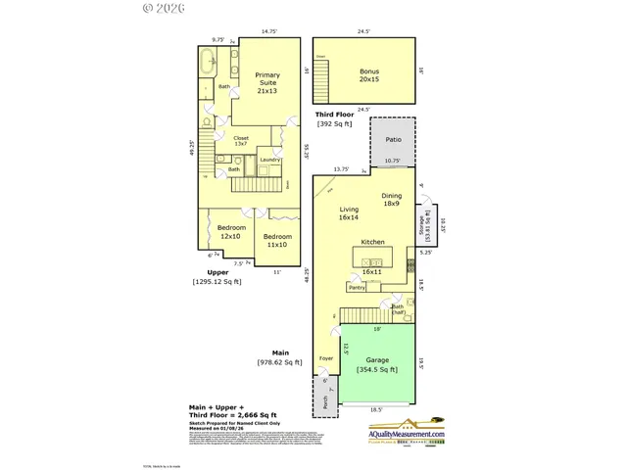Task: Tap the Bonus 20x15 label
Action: [368, 77]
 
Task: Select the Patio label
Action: [392, 140]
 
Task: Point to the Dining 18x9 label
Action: [392, 200]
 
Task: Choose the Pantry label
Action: [356, 287]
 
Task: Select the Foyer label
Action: [325, 359]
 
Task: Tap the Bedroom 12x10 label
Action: [231, 232]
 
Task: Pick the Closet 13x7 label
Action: [241, 143]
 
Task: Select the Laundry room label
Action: [270, 159]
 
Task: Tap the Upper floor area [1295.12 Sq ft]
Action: [217, 282]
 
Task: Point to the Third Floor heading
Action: [334, 114]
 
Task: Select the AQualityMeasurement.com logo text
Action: [406, 434]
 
